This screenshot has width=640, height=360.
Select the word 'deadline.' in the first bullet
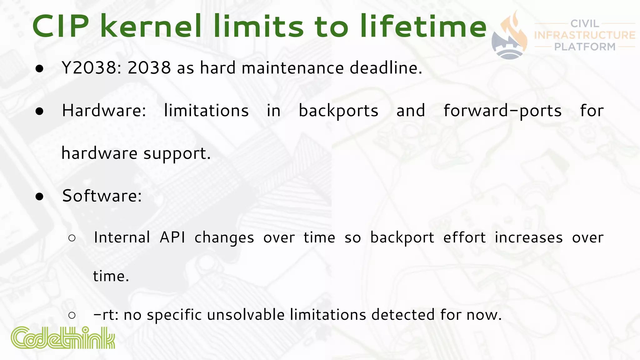386,67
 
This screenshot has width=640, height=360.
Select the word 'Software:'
102,196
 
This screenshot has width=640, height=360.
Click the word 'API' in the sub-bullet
172,237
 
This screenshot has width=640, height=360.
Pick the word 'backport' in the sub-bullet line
402,238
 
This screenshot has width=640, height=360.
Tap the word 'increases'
529,237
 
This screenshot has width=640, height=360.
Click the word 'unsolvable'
246,315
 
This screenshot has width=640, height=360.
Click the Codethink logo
63,338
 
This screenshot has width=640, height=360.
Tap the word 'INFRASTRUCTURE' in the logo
585,35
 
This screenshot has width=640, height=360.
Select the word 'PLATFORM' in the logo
585,47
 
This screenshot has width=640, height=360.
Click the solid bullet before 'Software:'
39,197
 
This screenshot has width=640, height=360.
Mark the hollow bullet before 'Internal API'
72,238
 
